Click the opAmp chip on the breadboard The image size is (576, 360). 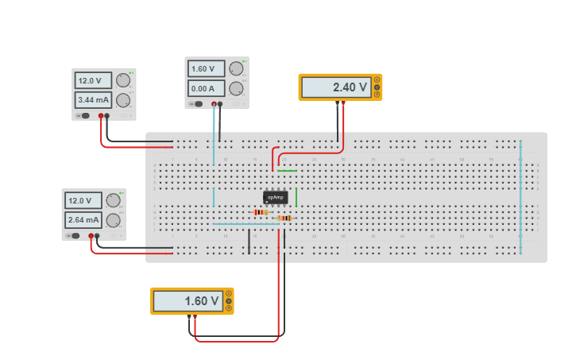tap(276, 196)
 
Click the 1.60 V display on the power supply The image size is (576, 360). tap(204, 69)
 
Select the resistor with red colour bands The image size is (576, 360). tap(261, 212)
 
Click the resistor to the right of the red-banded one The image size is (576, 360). tap(284, 218)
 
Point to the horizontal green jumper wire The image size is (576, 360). tap(287, 170)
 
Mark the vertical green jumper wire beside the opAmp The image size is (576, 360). tap(296, 196)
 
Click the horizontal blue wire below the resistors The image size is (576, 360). tap(246, 224)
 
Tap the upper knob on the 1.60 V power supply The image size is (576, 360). tap(236, 68)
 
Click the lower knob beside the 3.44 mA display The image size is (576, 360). tap(123, 99)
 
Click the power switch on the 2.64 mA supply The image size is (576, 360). tap(75, 235)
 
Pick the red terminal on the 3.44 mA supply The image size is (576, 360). tap(101, 116)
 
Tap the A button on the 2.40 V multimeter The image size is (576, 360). tap(377, 80)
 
